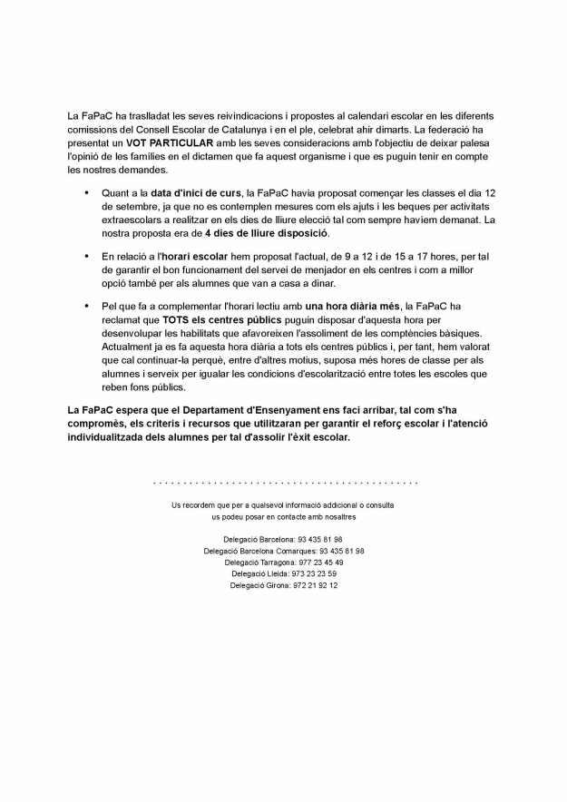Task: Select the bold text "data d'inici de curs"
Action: tap(197, 193)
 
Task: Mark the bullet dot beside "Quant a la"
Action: tap(86, 193)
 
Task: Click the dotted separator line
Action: tap(285, 483)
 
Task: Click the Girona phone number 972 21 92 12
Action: tap(315, 586)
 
